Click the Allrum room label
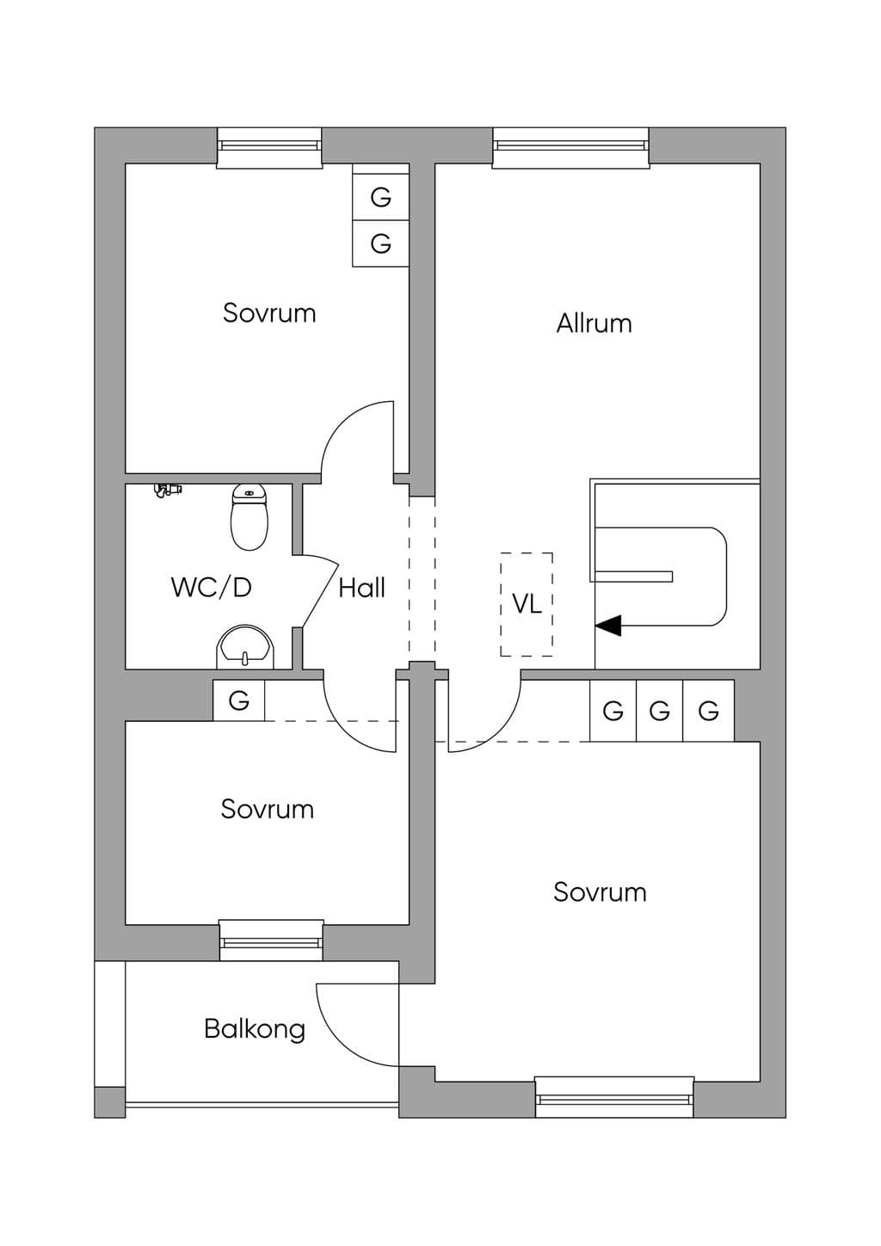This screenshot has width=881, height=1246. pos(594,324)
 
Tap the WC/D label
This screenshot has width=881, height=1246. pos(212,588)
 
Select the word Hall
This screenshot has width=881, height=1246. pos(361,588)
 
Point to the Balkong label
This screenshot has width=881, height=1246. pos(255,1029)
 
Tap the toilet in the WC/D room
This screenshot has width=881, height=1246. pos(250,517)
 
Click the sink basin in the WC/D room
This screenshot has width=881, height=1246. pos(244,647)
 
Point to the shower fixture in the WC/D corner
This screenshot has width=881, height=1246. pos(168,490)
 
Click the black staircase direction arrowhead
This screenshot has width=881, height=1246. pos(608,626)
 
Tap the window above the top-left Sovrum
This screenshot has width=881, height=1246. pos(269,146)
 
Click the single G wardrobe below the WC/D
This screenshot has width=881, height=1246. pos(239,700)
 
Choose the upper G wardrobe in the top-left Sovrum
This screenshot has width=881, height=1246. pos(381,197)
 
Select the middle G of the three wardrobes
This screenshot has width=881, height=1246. pos(660,710)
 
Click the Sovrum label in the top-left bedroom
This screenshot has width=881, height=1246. pos(270,313)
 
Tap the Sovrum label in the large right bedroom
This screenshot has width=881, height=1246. pos(601,892)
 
